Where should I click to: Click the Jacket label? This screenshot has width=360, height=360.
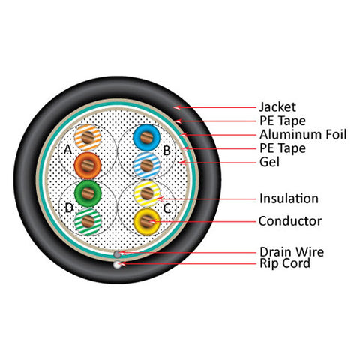click(x=277, y=107)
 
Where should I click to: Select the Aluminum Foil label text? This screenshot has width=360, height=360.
click(x=303, y=134)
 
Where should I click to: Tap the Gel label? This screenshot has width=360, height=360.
click(x=269, y=162)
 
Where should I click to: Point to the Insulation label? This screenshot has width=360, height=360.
click(x=289, y=199)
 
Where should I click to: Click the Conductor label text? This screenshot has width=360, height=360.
click(x=290, y=221)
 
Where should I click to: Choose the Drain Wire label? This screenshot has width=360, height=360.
click(x=292, y=251)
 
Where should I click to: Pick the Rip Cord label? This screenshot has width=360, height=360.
click(x=285, y=263)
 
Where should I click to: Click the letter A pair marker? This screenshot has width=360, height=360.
click(x=68, y=150)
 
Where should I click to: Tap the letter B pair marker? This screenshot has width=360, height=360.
click(x=166, y=151)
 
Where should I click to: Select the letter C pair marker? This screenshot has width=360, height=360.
click(x=167, y=208)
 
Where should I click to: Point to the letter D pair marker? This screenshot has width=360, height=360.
click(x=69, y=208)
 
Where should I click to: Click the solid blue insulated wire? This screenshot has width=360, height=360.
click(x=146, y=137)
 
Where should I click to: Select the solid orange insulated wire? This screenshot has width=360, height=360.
click(x=88, y=166)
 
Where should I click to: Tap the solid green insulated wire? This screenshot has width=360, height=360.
click(x=88, y=193)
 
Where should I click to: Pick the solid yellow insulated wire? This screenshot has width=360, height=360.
click(x=147, y=221)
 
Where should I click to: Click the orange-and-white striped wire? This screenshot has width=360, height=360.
click(x=88, y=137)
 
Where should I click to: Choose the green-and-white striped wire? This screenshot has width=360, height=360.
click(x=88, y=222)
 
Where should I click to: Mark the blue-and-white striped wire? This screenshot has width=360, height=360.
click(x=146, y=165)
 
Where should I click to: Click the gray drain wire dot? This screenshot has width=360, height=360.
click(x=117, y=254)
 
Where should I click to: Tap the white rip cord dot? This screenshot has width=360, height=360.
click(x=117, y=265)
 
